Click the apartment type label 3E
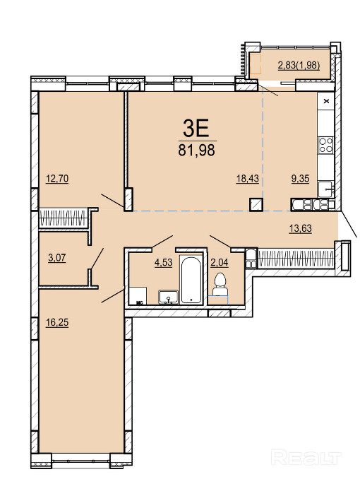coord(196,129)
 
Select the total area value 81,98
coord(196,150)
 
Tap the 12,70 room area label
coord(57,179)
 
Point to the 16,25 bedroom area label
coord(57,323)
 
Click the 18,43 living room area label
coord(247,179)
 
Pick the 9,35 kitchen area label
coord(300,179)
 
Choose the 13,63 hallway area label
coord(300,228)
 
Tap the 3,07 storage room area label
coord(57,257)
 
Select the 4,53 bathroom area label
coord(163,262)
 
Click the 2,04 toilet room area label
coord(219,262)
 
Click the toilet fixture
coord(220,285)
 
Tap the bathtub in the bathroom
coord(191,280)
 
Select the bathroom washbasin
coord(169,297)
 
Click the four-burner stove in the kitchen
coord(325,145)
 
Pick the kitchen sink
coord(325,189)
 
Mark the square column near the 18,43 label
coord(256,204)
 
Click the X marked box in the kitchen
coord(327,101)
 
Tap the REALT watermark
coord(306,458)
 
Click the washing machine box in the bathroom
coord(138,296)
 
